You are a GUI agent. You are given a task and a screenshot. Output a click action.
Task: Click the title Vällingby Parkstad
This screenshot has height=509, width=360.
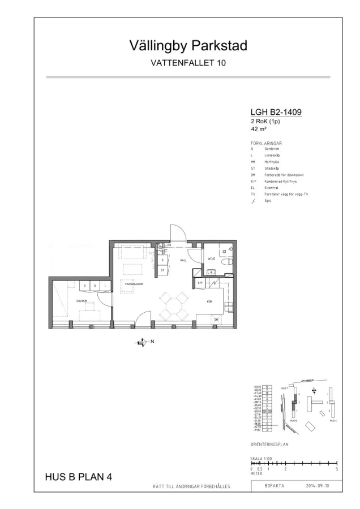pyautogui.click(x=188, y=46)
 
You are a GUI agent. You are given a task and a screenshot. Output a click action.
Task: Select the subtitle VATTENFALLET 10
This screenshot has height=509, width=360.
pyautogui.click(x=188, y=63)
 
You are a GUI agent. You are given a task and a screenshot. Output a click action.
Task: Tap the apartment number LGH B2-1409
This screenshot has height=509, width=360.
pyautogui.click(x=276, y=113)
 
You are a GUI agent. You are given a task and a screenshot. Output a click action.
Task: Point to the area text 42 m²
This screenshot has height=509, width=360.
pyautogui.click(x=258, y=128)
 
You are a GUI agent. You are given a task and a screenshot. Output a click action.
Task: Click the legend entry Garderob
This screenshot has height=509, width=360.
pyautogui.click(x=271, y=148)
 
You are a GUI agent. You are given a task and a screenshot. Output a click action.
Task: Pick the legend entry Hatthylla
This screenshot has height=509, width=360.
pyautogui.click(x=272, y=162)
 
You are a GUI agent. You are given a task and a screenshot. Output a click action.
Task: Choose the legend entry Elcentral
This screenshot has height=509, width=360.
pyautogui.click(x=271, y=188)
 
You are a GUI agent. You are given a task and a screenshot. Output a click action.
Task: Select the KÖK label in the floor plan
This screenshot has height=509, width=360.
pyautogui.click(x=209, y=301)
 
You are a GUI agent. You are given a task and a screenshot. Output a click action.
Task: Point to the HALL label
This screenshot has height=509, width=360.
pyautogui.click(x=183, y=261)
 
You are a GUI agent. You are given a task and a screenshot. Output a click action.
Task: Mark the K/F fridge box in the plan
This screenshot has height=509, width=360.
pyautogui.click(x=200, y=282)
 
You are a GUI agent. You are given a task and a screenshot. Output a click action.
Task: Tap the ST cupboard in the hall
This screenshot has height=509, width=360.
pyautogui.click(x=162, y=270)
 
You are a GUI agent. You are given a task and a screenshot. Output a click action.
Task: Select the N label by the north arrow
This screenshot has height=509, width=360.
pyautogui.click(x=152, y=342)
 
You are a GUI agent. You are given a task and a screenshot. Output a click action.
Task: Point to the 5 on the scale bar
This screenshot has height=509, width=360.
pyautogui.click(x=336, y=469)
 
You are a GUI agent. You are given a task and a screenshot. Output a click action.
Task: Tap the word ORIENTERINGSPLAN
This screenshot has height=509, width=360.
pyautogui.click(x=269, y=445)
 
